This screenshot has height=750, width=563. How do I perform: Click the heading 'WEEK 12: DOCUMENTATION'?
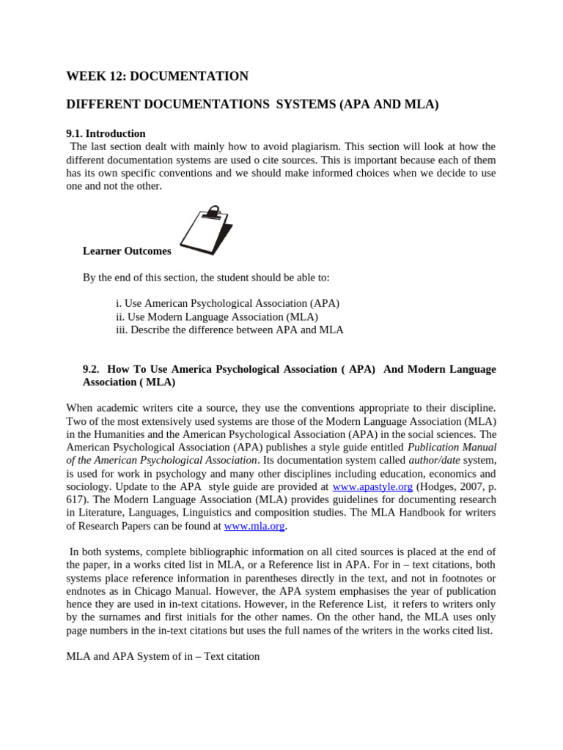coord(157,76)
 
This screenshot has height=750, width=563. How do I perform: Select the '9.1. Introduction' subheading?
coord(106,133)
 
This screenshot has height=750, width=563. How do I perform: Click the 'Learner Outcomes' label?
coord(127,251)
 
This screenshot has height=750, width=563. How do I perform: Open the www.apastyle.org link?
coord(372,486)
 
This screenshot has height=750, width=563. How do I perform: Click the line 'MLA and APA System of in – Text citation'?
coord(163,656)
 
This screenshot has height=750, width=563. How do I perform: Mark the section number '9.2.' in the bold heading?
coord(93,369)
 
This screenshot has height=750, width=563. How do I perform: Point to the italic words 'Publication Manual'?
coord(452,447)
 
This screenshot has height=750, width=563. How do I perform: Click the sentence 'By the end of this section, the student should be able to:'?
coord(206,278)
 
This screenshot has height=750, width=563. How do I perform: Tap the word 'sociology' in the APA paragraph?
coord(88,486)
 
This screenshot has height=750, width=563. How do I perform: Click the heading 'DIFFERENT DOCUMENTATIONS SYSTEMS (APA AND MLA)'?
coord(252,105)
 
